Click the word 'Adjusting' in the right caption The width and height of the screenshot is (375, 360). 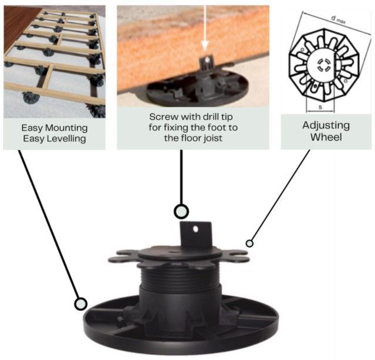pyautogui.click(x=326, y=125)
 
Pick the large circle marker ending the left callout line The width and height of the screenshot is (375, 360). pyautogui.click(x=81, y=304)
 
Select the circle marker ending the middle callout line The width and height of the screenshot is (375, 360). pyautogui.click(x=181, y=211)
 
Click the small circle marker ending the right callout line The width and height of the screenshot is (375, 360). pyautogui.click(x=249, y=243)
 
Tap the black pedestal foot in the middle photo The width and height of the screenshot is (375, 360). pyautogui.click(x=188, y=88)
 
